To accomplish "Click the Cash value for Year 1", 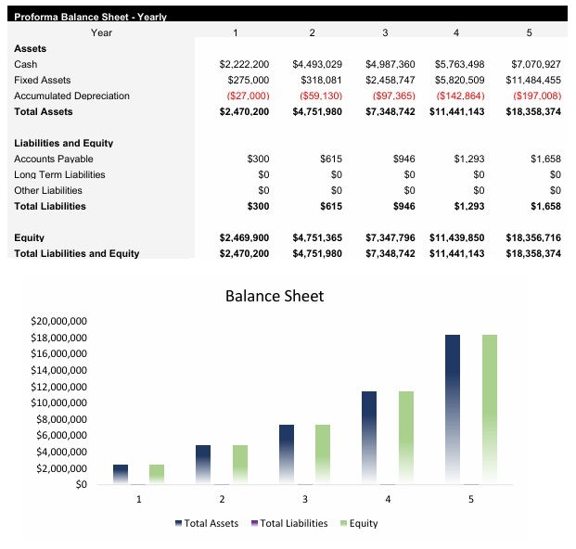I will click(244, 64).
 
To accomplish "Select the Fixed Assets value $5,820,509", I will click(457, 80).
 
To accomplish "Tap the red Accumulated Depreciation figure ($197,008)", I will click(536, 96).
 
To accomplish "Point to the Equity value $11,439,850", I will click(457, 237).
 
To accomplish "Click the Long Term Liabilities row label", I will click(59, 174).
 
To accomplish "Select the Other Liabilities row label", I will click(52, 190).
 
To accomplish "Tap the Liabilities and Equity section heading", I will click(63, 143).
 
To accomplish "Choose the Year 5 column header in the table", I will click(529, 32).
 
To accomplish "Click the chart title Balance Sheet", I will click(275, 297).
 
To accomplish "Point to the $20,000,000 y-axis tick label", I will click(58, 320).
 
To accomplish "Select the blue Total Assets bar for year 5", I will click(453, 408).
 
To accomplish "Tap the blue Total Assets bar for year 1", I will click(121, 474).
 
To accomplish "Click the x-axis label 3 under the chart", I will click(305, 499).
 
